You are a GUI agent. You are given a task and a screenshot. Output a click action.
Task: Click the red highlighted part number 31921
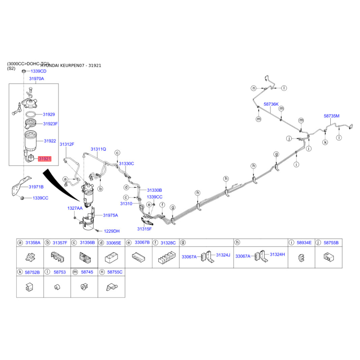pyautogui.click(x=45, y=159)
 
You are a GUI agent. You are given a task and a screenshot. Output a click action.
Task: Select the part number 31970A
pyautogui.click(x=36, y=79)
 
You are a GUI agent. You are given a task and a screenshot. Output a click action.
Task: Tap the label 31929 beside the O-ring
pyautogui.click(x=49, y=115)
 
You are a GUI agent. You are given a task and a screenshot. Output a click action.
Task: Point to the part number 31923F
pyautogui.click(x=50, y=124)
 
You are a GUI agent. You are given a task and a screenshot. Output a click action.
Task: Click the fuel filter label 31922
pyautogui.click(x=50, y=141)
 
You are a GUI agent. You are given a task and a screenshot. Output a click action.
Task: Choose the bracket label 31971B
pyautogui.click(x=36, y=186)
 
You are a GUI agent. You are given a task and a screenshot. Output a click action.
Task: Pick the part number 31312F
pyautogui.click(x=67, y=144)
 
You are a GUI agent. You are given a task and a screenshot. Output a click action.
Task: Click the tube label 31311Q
pyautogui.click(x=98, y=148)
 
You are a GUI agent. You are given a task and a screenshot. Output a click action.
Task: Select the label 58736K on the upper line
pyautogui.click(x=271, y=104)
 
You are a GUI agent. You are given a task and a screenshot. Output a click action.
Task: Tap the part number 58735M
pyautogui.click(x=332, y=116)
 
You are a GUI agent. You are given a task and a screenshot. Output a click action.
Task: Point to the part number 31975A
pyautogui.click(x=110, y=216)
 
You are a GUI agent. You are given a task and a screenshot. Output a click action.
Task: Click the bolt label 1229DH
pyautogui.click(x=112, y=231)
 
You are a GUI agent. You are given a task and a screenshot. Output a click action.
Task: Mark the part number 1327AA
pyautogui.click(x=75, y=208)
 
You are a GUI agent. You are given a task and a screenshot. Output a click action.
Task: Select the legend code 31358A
pyautogui.click(x=33, y=243)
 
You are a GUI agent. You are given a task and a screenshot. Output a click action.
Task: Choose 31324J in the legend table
pyautogui.click(x=223, y=255)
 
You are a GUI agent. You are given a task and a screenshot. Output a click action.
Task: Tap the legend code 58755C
pyautogui.click(x=115, y=272)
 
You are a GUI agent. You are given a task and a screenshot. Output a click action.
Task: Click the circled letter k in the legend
pyautogui.click(x=20, y=272)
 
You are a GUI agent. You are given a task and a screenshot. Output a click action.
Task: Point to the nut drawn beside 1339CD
pyautogui.click(x=23, y=71)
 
